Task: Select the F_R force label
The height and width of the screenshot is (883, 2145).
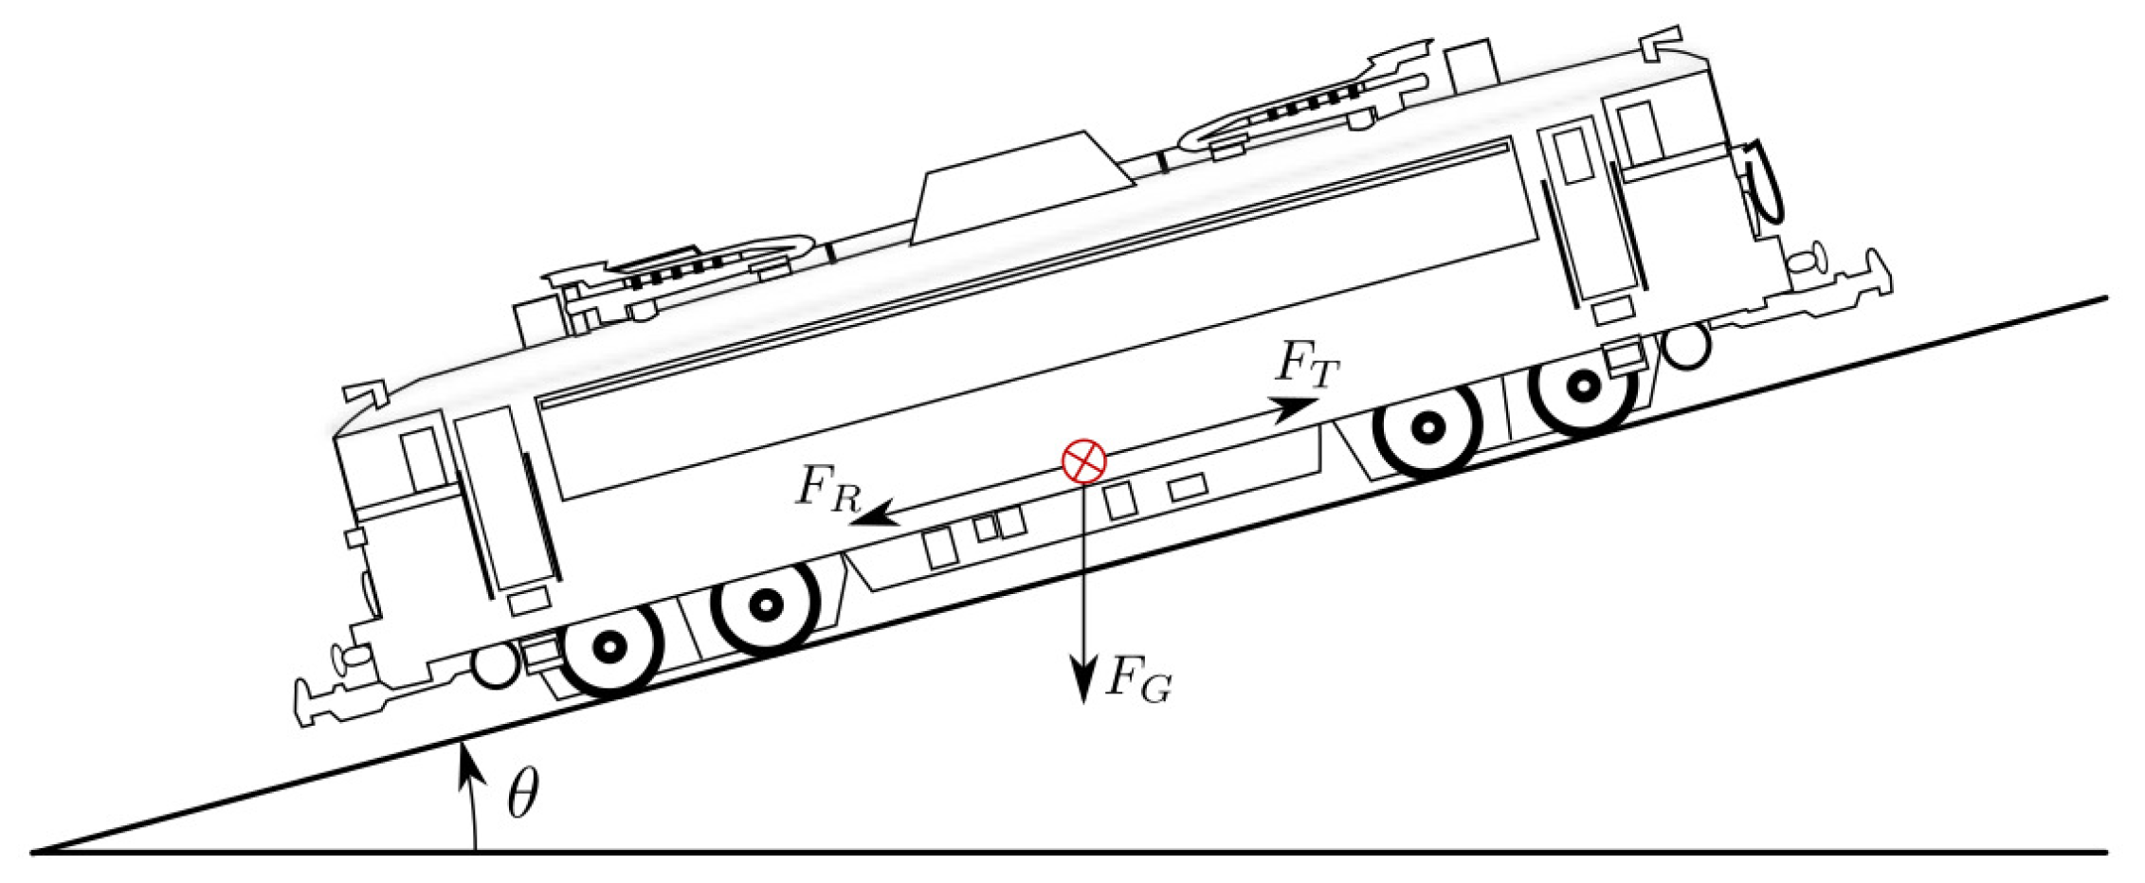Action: point(826,493)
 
